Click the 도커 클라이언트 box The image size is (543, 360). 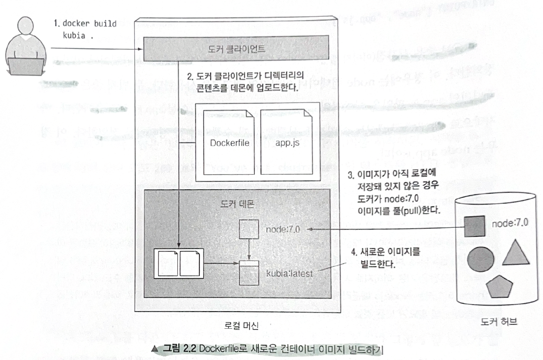[236, 49]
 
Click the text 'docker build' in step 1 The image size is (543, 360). [85, 24]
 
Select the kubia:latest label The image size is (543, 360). [289, 273]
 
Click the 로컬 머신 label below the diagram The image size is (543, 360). [241, 326]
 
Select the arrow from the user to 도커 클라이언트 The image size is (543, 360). [96, 48]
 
